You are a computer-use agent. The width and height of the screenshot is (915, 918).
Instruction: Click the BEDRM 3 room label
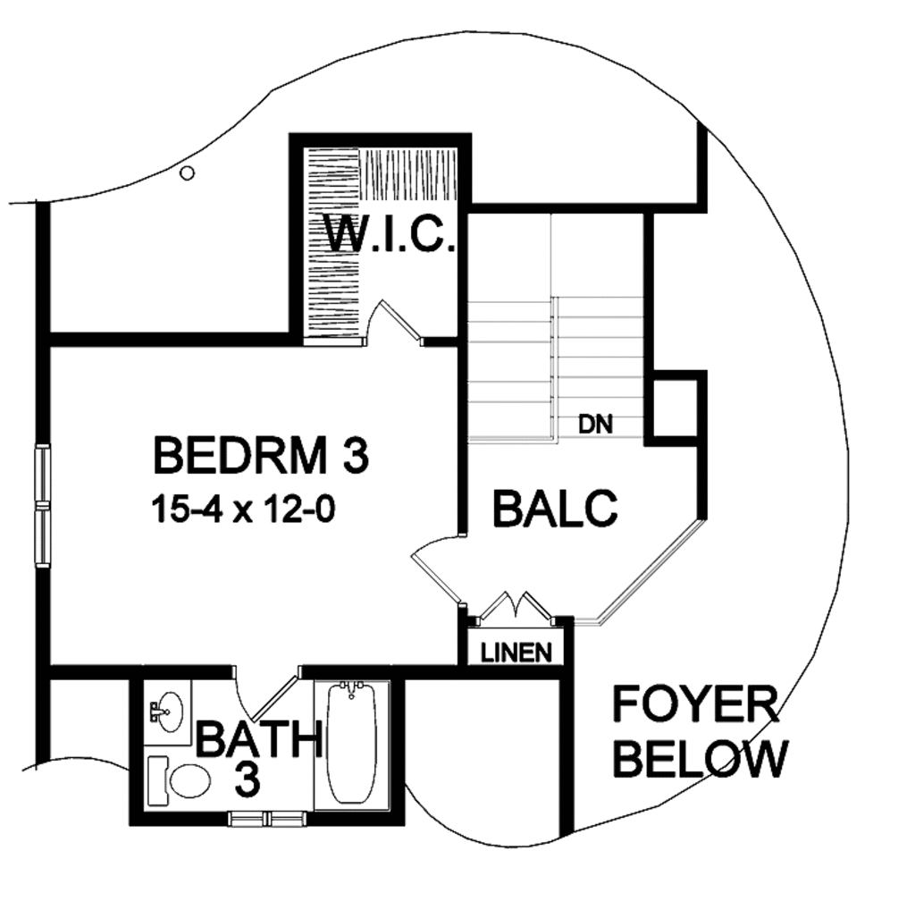point(260,455)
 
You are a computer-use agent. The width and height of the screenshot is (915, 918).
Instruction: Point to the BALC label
point(555,509)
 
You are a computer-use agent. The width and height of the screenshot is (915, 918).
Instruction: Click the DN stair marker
point(596,425)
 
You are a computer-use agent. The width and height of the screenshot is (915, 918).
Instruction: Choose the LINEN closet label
point(516,653)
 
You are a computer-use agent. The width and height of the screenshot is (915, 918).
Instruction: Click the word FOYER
point(695,705)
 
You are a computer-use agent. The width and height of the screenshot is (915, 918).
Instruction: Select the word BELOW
point(702,760)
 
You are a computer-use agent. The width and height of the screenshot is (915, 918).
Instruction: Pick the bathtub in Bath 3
point(351,744)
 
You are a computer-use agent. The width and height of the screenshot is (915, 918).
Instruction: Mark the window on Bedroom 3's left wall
point(42,505)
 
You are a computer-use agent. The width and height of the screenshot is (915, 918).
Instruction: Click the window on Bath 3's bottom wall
point(267,817)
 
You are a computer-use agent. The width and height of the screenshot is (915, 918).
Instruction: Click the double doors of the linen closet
point(516,606)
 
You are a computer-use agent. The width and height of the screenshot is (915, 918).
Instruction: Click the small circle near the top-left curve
point(187,173)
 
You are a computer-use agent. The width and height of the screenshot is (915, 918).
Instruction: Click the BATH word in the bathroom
point(258,739)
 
